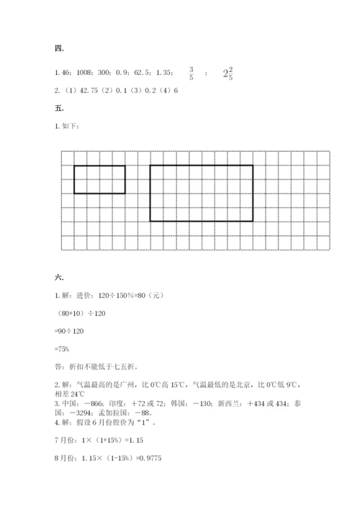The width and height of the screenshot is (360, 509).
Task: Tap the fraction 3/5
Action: pos(191,73)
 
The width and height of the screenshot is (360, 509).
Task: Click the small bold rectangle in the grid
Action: pos(99,179)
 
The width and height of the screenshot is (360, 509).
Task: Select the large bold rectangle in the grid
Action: pos(201,193)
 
